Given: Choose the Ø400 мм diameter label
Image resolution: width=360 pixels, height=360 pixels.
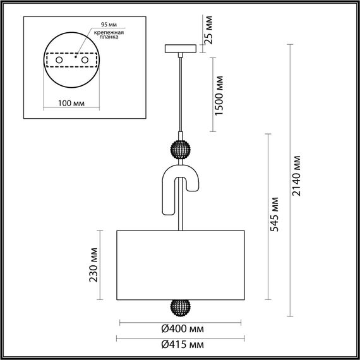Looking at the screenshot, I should click(181, 329).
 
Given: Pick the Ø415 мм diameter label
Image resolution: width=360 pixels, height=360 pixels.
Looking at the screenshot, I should click(181, 345).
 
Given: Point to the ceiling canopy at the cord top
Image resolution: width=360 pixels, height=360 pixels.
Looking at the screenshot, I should click(181, 48).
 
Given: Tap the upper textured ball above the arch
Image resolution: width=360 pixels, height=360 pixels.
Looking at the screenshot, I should click(181, 151).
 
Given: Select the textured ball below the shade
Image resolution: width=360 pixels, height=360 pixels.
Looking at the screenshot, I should click(181, 308).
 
